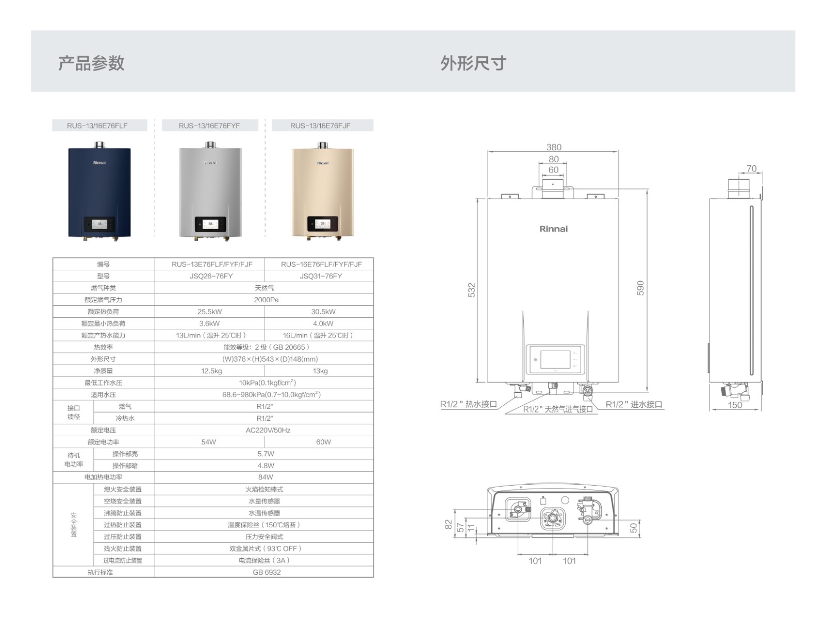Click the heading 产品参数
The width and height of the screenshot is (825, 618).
(91, 63)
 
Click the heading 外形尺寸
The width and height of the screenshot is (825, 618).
(473, 63)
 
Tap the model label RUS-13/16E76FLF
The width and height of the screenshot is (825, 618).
(97, 126)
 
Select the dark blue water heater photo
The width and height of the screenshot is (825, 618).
(100, 191)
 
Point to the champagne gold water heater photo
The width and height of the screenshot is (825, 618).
(323, 191)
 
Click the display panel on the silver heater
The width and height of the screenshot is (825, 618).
(210, 224)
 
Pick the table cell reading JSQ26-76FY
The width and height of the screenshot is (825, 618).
(211, 276)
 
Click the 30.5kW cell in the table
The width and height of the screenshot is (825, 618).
(323, 312)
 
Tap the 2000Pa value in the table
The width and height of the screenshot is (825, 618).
(266, 300)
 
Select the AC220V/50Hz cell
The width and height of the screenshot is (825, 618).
(268, 430)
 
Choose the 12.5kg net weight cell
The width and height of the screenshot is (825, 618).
(211, 371)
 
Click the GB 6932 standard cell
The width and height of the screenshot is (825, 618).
(267, 572)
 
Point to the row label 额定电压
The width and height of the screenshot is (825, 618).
(103, 430)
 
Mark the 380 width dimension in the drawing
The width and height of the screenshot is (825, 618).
(554, 147)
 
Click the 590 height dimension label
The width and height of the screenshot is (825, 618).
(640, 288)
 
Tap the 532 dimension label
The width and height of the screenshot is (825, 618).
(472, 290)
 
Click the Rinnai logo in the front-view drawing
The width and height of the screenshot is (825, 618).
(554, 229)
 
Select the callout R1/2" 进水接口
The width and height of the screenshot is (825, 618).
(634, 404)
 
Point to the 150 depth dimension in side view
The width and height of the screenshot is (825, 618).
(735, 405)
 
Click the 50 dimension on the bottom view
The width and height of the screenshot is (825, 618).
(634, 528)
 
